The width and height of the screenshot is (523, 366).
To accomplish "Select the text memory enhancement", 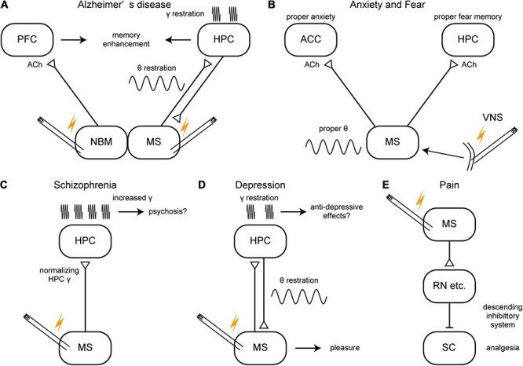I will point(143,41).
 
